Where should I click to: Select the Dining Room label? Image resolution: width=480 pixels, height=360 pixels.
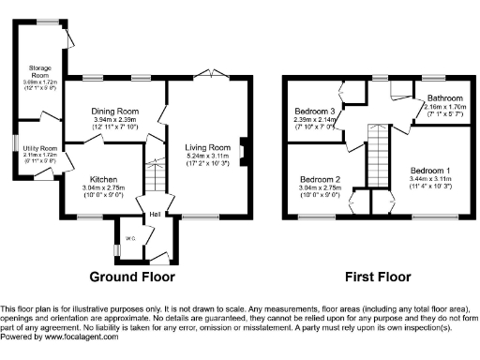pos(115,111)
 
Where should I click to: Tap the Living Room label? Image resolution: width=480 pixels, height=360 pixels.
pos(206,147)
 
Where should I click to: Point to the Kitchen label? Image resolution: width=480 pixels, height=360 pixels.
pos(103,178)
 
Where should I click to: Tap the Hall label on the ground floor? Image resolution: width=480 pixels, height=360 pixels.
pos(152,215)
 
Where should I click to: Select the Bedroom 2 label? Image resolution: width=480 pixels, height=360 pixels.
pos(320,178)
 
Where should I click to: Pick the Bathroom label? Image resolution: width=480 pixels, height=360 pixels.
pos(443,98)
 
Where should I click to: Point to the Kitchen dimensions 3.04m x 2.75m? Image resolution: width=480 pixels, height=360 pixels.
pos(103,187)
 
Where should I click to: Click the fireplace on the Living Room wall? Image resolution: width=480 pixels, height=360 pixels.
pos(243,148)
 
